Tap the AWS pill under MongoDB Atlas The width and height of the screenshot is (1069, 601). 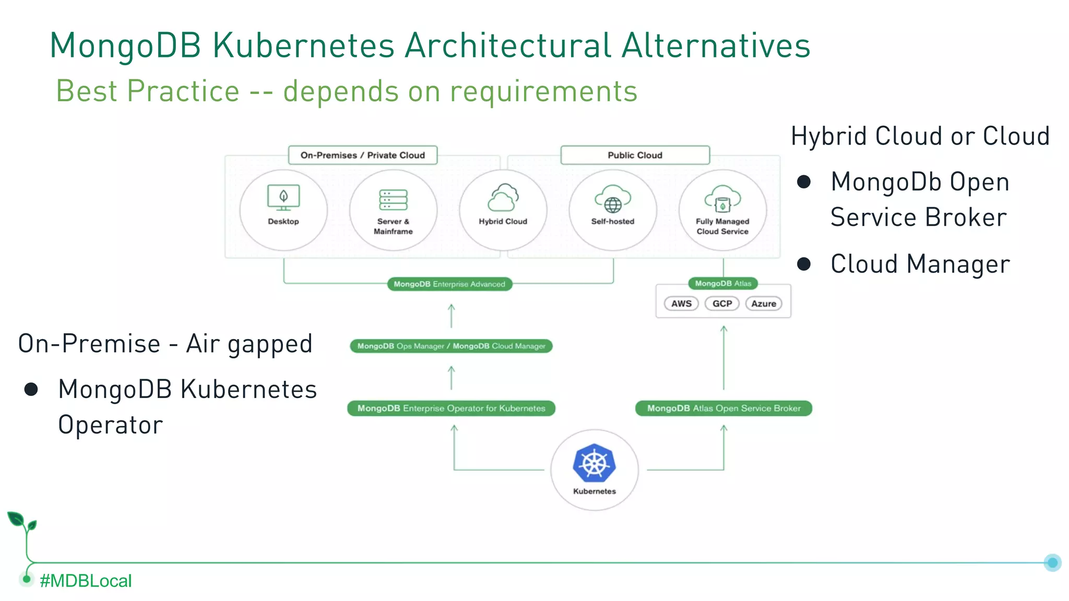tap(681, 304)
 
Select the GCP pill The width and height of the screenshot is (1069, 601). tap(722, 304)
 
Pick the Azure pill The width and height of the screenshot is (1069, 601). tap(764, 304)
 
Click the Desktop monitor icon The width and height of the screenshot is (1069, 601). tap(283, 198)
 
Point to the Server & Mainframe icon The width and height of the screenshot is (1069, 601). tap(393, 200)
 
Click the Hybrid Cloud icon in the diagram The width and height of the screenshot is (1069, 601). tap(503, 198)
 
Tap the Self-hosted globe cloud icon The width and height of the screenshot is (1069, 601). tap(613, 199)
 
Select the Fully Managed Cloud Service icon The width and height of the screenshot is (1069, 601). tap(722, 199)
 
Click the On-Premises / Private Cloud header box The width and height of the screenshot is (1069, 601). tap(363, 155)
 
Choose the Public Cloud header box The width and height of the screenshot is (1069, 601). tap(635, 155)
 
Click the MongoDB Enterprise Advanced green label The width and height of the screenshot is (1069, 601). tap(449, 284)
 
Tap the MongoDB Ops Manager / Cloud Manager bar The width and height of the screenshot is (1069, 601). tap(451, 346)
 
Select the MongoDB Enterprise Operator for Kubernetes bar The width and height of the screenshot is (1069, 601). tap(451, 408)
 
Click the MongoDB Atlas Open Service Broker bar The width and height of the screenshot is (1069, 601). tap(723, 408)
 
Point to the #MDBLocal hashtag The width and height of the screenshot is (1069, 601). tap(86, 581)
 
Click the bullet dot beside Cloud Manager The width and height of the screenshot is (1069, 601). tap(804, 264)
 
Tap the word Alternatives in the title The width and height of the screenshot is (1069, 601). tap(716, 45)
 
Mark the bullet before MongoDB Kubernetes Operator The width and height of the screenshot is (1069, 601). tap(31, 389)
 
